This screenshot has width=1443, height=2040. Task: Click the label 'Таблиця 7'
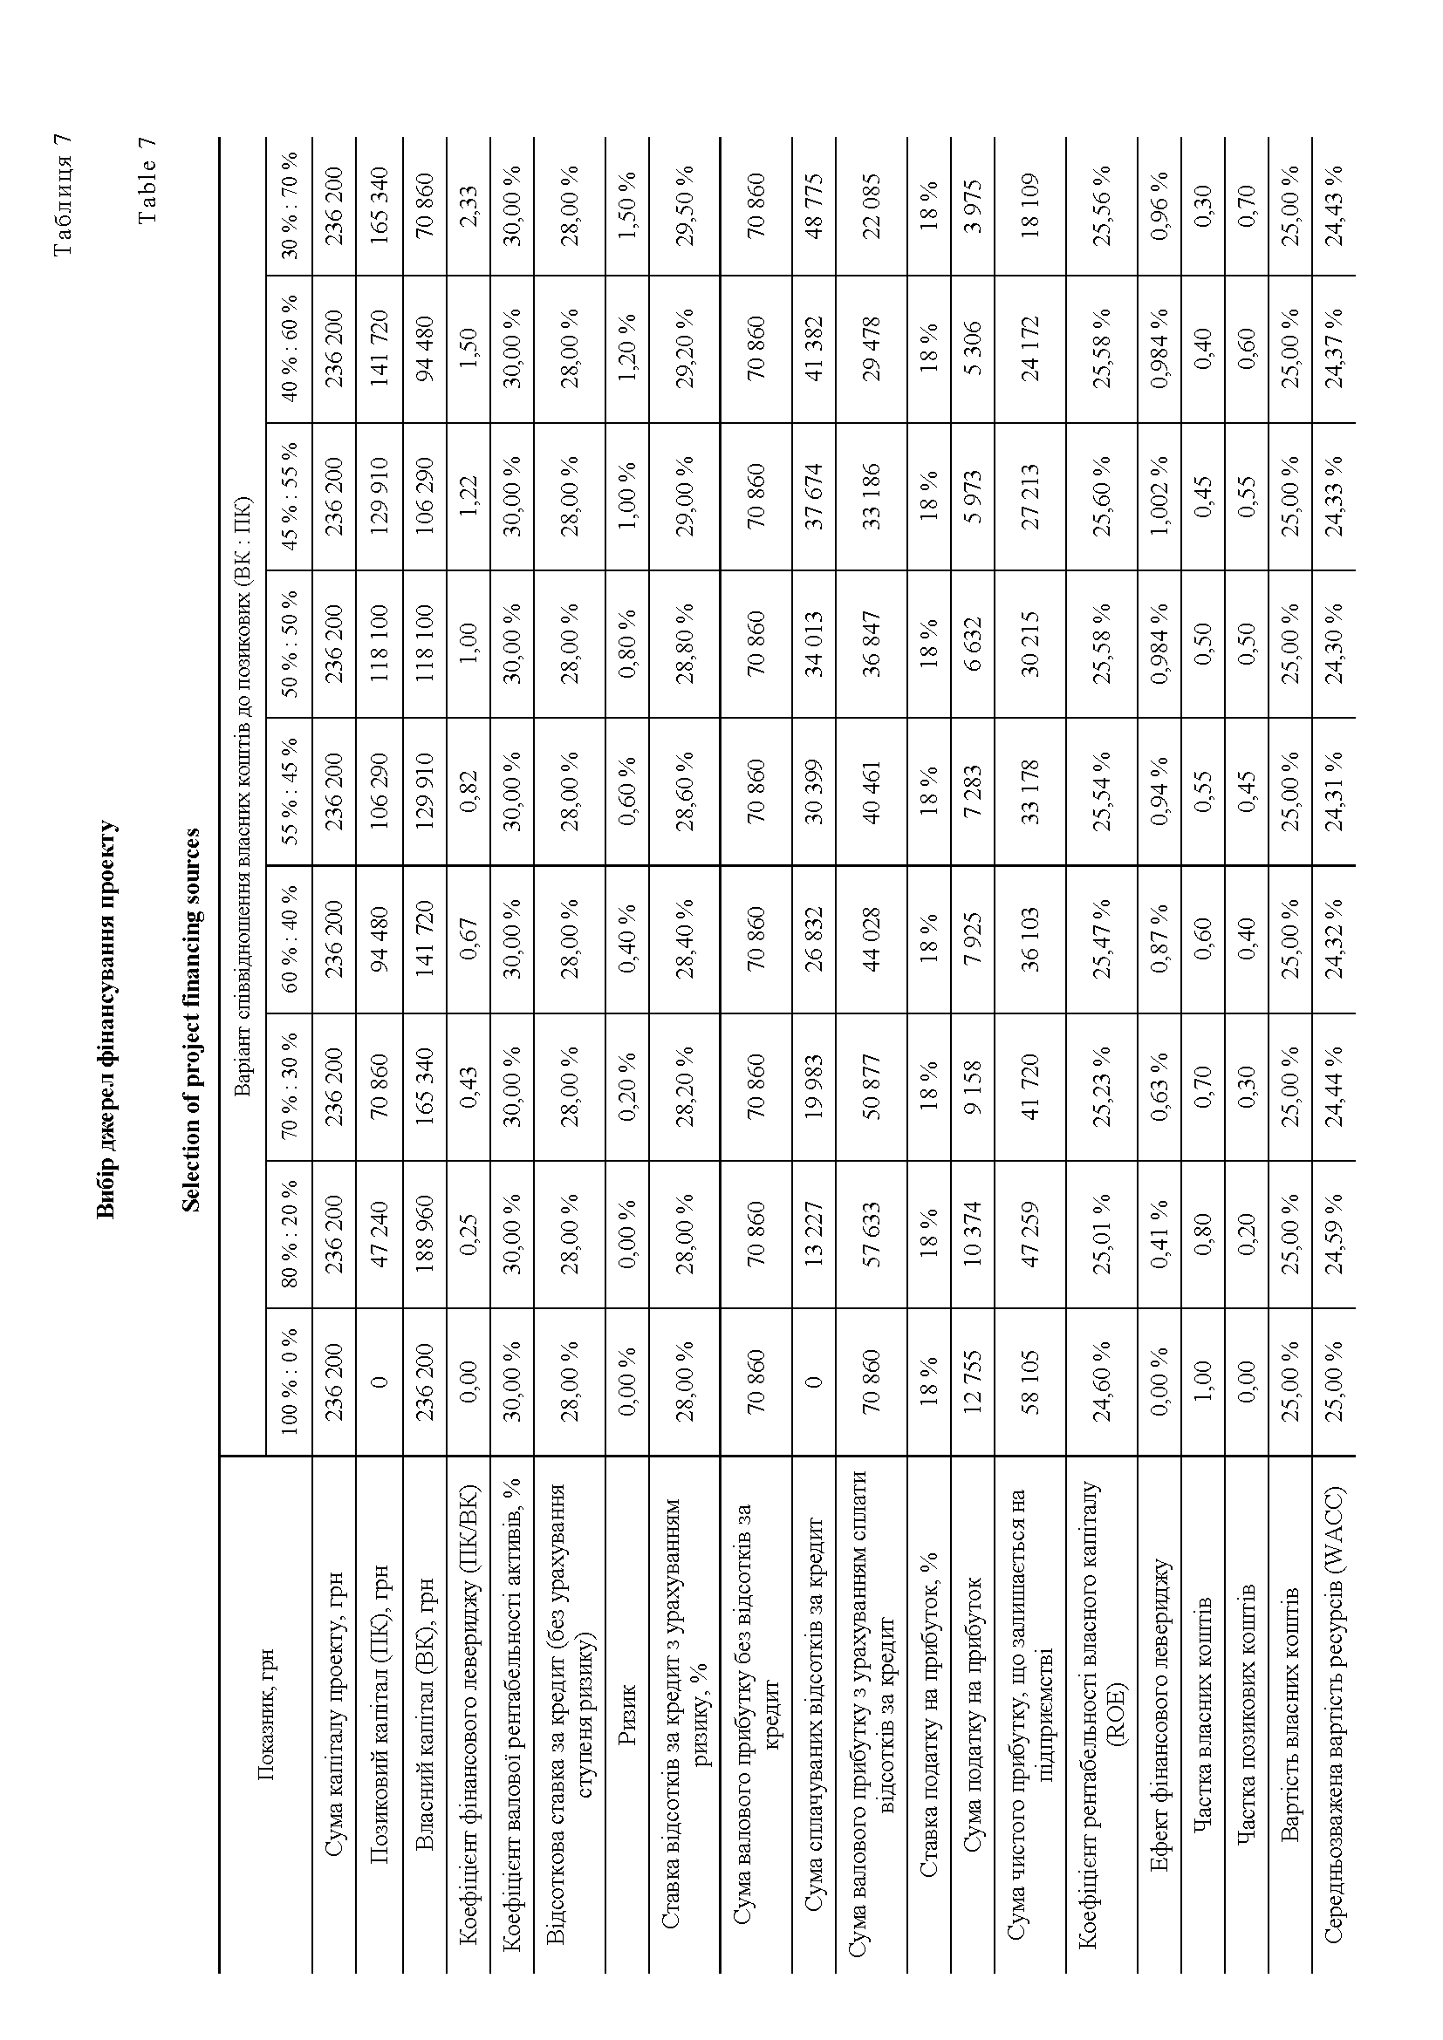[62, 194]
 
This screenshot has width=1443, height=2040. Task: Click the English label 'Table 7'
[147, 181]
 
